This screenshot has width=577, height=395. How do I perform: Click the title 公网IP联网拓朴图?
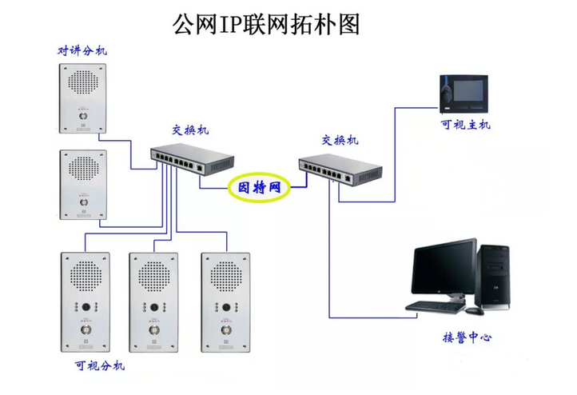click(x=266, y=23)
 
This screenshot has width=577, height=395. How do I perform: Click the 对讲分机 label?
click(x=82, y=50)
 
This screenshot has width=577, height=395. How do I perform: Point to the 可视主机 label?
click(x=466, y=125)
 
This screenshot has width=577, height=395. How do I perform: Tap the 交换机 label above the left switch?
click(x=191, y=130)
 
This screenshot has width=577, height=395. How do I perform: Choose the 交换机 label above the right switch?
click(x=340, y=140)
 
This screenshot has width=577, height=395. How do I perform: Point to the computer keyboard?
click(x=436, y=305)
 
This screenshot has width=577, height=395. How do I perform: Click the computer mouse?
click(x=472, y=309)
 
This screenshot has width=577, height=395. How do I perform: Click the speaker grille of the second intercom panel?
click(x=82, y=166)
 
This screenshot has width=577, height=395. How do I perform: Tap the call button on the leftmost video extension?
click(x=84, y=328)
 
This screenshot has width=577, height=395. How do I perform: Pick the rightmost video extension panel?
click(x=224, y=303)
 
